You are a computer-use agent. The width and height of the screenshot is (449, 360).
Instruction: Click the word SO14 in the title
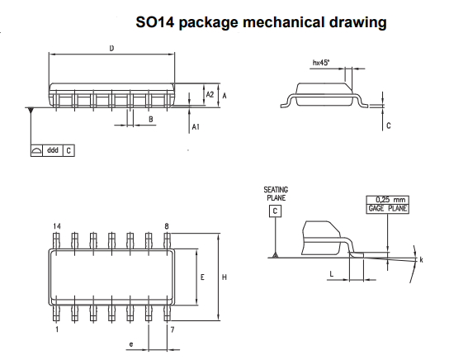tap(155, 22)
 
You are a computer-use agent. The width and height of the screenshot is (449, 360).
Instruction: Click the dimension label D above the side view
tap(111, 49)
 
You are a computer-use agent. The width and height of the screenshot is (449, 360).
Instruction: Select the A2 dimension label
tap(210, 94)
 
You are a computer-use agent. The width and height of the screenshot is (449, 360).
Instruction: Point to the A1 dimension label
tap(196, 126)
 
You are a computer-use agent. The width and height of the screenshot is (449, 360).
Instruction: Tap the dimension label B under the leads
tap(151, 119)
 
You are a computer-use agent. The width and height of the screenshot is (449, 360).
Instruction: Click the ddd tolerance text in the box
tap(53, 150)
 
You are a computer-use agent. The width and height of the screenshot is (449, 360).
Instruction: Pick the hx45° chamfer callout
tap(321, 63)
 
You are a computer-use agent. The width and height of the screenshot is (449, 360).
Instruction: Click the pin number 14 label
tap(57, 226)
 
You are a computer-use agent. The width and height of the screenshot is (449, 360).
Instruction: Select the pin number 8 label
tap(167, 226)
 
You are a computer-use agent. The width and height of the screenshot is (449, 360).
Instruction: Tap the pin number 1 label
tap(57, 329)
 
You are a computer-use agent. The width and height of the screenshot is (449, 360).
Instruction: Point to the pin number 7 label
tap(173, 330)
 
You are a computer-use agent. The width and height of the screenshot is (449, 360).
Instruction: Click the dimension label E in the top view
tap(202, 277)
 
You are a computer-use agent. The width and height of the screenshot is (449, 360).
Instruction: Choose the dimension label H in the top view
tap(224, 277)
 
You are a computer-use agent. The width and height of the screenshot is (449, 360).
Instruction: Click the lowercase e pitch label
tap(131, 344)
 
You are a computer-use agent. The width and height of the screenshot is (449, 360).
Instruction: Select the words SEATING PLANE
tap(276, 194)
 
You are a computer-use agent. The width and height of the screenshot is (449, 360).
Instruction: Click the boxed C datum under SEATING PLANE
tap(275, 211)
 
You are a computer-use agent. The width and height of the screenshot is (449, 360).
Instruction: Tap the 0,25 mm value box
tap(388, 200)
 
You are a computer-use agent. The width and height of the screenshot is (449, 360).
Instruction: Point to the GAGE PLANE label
tap(388, 209)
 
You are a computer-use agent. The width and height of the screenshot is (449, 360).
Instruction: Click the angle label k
tap(421, 260)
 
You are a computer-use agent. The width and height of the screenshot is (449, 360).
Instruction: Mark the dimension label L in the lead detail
tap(332, 274)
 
